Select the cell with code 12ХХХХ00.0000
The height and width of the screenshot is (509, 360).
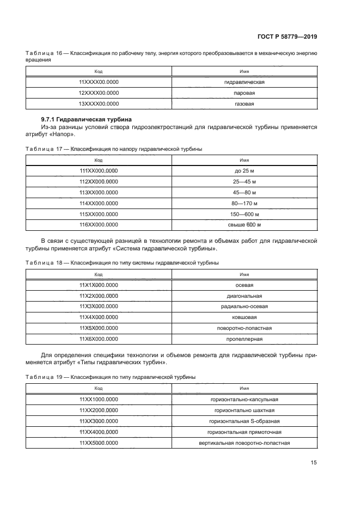point(99,93)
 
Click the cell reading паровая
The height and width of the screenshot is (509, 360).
point(244,93)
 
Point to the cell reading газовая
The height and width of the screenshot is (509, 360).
point(244,103)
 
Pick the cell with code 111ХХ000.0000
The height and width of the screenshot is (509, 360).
point(99,171)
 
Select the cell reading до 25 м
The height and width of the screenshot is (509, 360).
point(244,171)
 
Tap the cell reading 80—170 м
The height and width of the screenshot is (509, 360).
point(244,204)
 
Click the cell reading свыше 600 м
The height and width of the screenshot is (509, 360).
point(244,225)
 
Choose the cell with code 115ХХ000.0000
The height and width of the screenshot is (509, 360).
point(99,214)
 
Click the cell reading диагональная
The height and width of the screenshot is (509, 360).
point(244,296)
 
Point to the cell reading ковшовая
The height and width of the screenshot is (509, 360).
point(244,317)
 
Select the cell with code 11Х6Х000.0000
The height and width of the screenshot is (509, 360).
point(99,339)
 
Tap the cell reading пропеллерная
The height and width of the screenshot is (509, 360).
point(244,339)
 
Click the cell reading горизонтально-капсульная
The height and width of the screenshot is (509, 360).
point(244,399)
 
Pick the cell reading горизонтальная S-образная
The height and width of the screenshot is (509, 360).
point(244,421)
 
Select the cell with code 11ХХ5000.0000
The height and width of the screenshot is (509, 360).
point(99,443)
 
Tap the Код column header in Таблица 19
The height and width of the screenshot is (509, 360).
point(99,388)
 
